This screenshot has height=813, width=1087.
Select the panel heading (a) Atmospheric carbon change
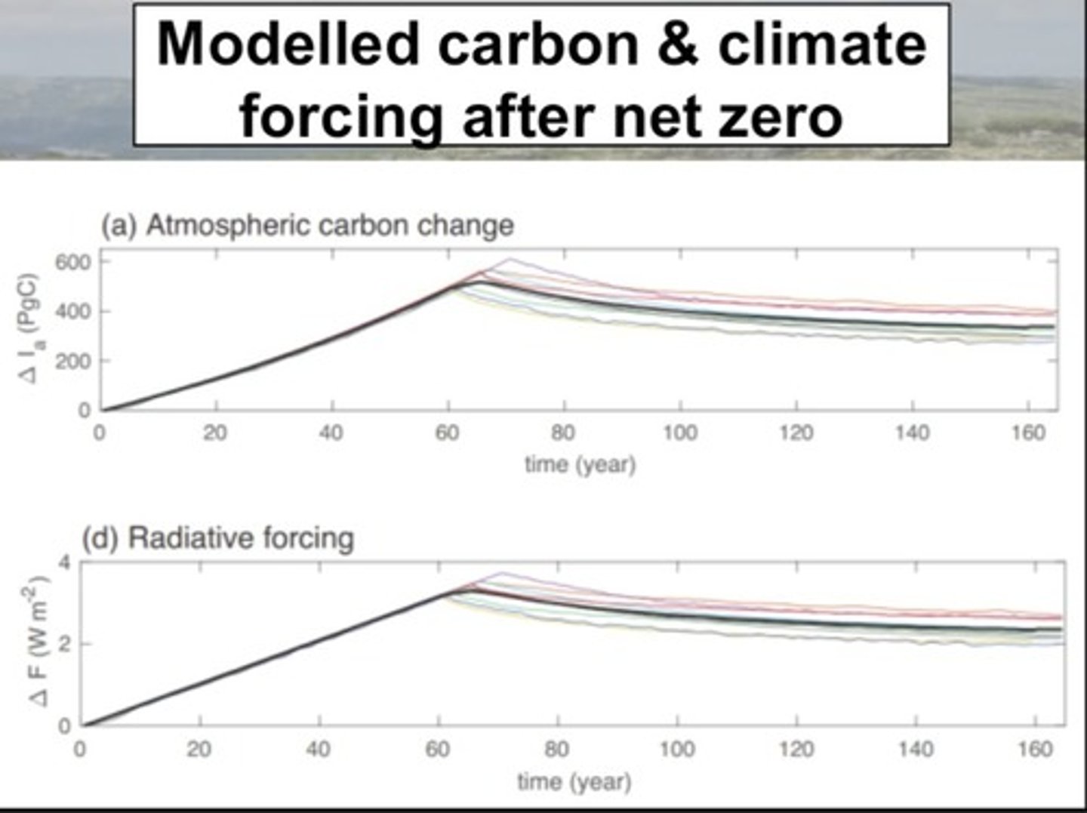tap(307, 225)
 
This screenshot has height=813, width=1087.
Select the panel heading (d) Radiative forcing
tap(217, 538)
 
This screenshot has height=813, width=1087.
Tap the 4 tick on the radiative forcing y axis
tap(63, 562)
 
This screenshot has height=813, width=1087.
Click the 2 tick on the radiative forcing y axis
tap(63, 644)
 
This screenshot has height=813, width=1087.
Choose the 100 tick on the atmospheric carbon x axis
tap(680, 433)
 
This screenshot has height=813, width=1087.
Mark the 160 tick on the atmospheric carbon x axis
tap(1029, 433)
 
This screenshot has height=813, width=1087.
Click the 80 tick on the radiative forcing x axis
tap(556, 749)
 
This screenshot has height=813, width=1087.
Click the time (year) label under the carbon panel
tap(580, 463)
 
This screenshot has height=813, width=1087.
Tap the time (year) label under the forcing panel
tap(574, 781)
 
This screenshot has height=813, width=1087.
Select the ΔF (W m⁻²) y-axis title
tap(39, 642)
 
